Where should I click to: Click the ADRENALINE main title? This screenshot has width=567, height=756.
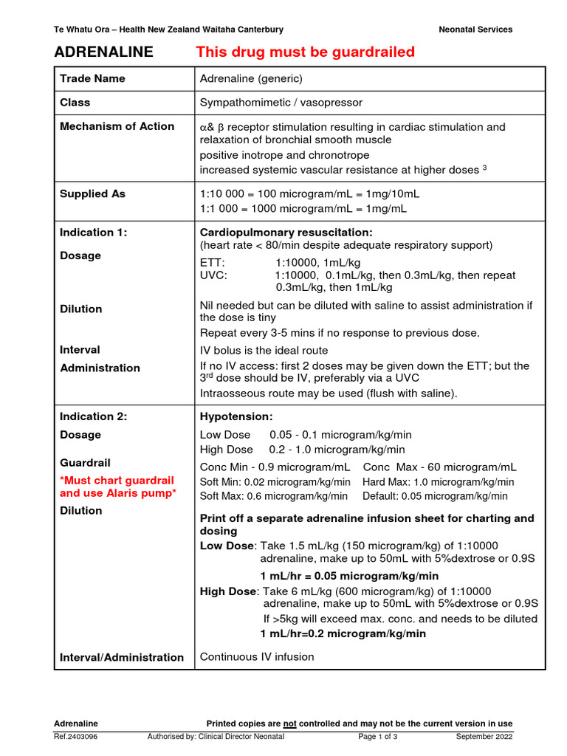click(x=103, y=52)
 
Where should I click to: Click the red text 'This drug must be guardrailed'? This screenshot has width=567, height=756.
click(x=305, y=52)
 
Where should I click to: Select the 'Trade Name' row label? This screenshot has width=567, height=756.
click(x=92, y=78)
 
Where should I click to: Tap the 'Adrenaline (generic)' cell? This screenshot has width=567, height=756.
click(x=251, y=78)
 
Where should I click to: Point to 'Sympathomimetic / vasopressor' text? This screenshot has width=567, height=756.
click(x=281, y=103)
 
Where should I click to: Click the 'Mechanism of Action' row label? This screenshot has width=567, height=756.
click(x=117, y=126)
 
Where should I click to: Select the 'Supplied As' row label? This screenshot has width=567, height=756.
click(x=92, y=193)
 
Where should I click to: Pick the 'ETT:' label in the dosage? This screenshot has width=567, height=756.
click(x=213, y=262)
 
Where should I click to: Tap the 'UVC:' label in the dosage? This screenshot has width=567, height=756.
click(x=214, y=275)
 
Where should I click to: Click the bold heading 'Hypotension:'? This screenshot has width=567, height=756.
click(x=236, y=416)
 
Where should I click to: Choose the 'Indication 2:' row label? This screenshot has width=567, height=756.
click(x=93, y=416)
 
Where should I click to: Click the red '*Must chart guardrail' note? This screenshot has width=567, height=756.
click(x=117, y=480)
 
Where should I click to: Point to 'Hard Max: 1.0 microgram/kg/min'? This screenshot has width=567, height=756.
click(x=436, y=481)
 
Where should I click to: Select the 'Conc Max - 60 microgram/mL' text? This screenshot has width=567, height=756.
click(x=439, y=467)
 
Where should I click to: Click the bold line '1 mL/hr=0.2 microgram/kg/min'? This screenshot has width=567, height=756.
click(x=343, y=633)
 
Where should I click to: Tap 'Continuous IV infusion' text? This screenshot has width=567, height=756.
click(x=257, y=656)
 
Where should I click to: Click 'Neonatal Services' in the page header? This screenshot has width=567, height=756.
click(x=475, y=30)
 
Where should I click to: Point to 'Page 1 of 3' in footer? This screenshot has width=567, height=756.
click(x=378, y=737)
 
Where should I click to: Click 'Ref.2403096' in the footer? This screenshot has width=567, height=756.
click(x=75, y=737)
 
